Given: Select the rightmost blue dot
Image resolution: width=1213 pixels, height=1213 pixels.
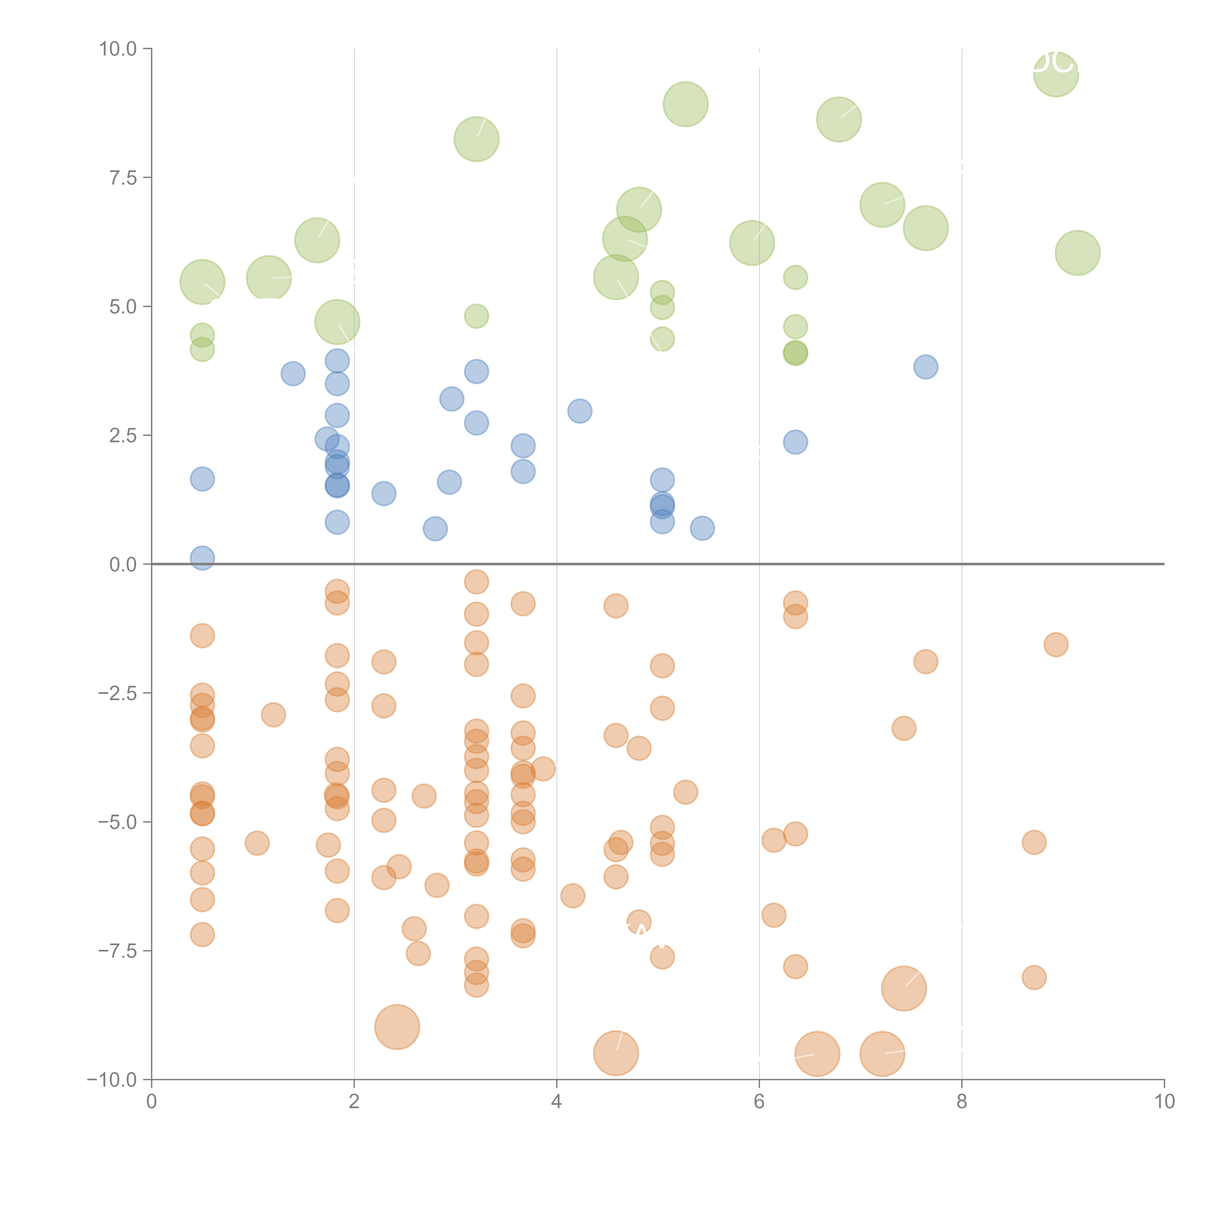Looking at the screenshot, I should [x=926, y=367].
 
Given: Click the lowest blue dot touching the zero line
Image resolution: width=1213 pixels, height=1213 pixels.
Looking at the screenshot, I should [x=202, y=557].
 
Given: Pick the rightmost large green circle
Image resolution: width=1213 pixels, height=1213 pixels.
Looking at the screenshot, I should [x=1077, y=252].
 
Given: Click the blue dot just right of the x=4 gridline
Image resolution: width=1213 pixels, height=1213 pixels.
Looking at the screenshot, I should [x=580, y=411].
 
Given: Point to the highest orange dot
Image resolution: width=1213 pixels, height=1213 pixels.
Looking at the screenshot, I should [x=476, y=582].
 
